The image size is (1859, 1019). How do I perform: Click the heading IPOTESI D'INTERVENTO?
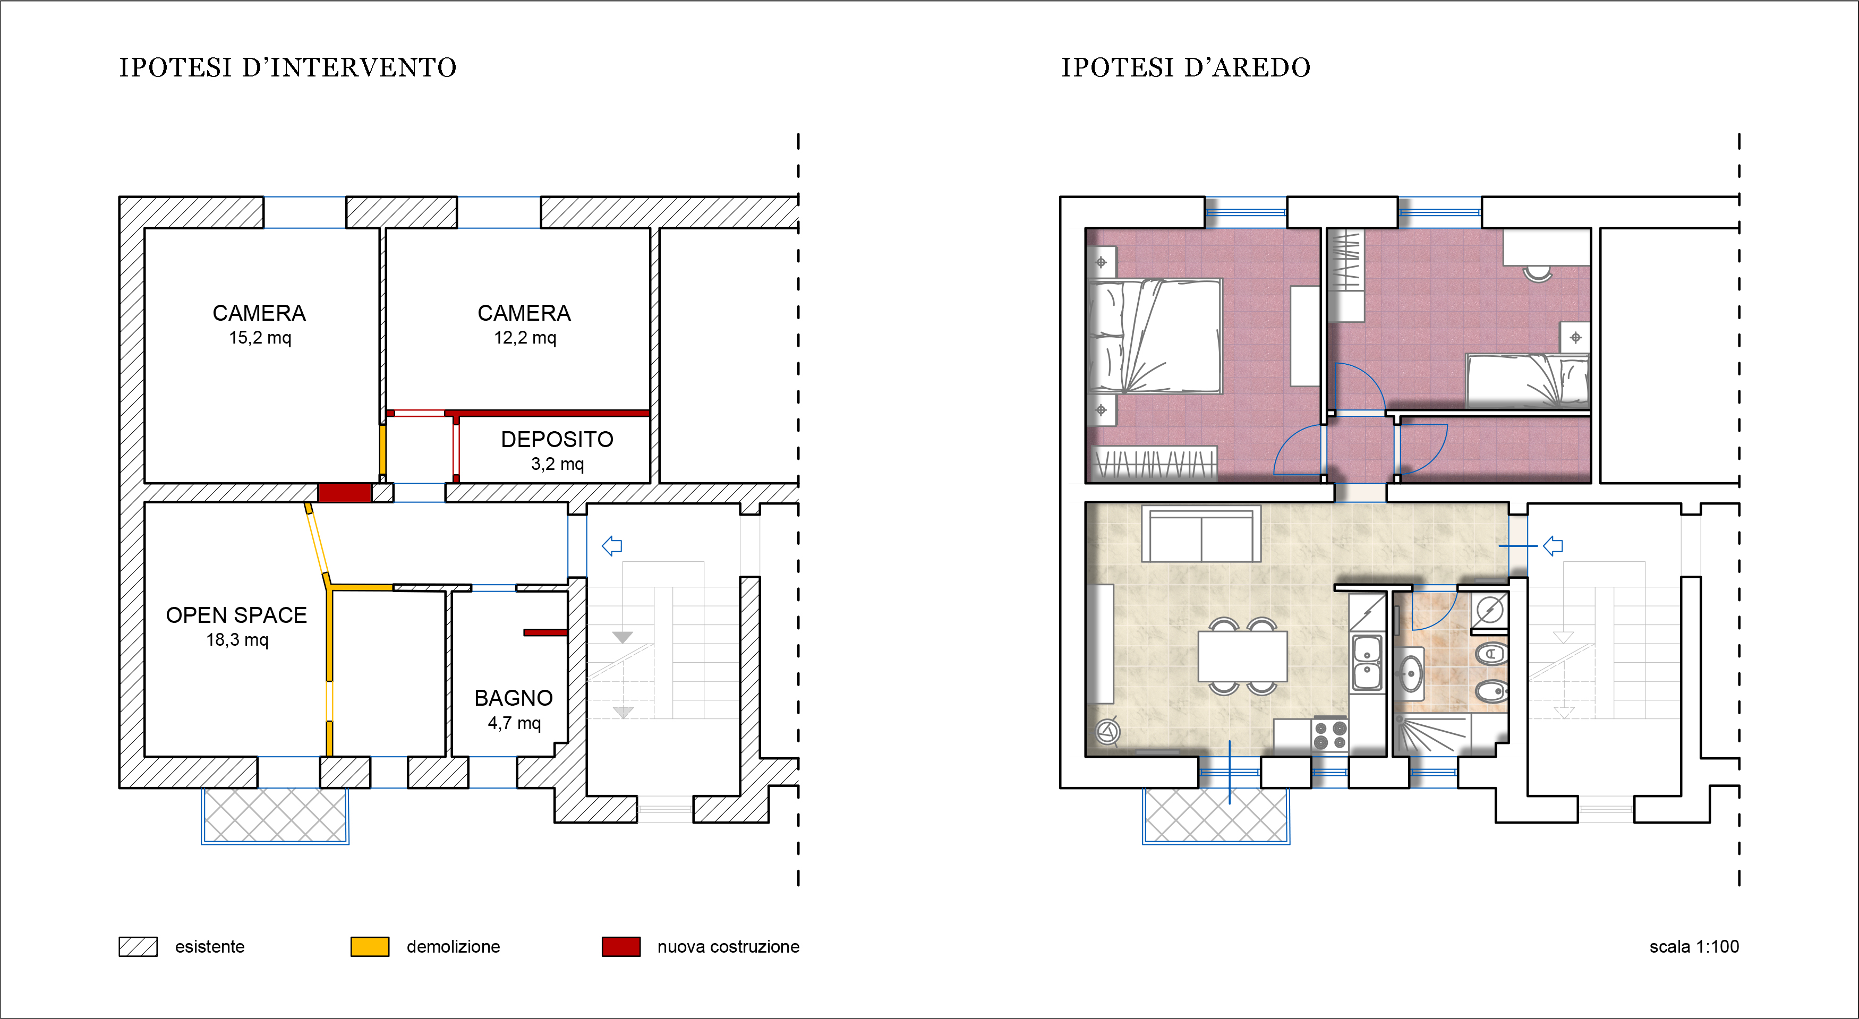point(288,68)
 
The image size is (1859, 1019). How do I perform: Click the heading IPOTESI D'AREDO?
point(1186,68)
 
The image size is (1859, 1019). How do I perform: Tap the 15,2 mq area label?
point(260,338)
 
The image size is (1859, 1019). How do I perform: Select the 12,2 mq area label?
point(525,338)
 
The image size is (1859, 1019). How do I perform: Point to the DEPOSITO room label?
point(557,440)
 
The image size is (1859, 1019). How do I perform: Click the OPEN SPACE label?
point(237,615)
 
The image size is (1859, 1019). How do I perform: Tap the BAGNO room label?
point(514,698)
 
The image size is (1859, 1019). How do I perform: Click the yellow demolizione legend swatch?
point(370,947)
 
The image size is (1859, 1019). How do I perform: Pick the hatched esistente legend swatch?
point(138,947)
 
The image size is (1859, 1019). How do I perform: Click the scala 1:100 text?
point(1694,947)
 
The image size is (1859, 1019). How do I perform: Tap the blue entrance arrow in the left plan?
point(612,546)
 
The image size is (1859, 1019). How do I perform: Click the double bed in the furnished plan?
point(1155,337)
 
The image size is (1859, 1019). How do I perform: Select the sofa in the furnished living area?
point(1201,534)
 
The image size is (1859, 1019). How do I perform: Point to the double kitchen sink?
point(1367,663)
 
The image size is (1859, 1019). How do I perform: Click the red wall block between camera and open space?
point(345,493)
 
